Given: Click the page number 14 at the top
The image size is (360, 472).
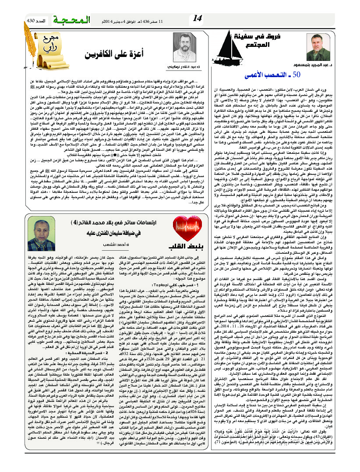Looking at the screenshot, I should [x=198, y=18].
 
